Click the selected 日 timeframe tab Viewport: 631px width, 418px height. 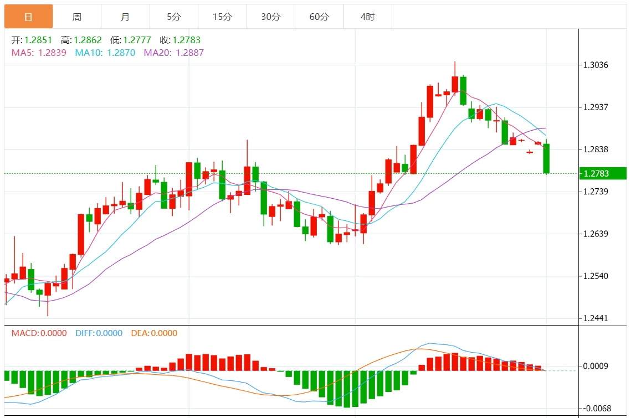28,17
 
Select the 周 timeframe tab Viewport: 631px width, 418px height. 77,17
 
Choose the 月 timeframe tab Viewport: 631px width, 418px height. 125,17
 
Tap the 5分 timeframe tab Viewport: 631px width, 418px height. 174,17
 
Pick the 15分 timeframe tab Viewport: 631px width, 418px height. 222,17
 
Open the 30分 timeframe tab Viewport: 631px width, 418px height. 271,17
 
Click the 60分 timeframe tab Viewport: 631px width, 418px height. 319,17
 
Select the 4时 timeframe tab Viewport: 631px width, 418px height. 367,17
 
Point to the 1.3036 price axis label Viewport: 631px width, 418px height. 596,65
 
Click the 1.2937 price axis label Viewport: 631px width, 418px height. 596,107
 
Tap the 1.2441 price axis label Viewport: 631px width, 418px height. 596,318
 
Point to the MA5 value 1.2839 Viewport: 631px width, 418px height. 52,53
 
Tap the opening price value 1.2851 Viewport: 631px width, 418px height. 38,40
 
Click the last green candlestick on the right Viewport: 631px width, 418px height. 546,159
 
